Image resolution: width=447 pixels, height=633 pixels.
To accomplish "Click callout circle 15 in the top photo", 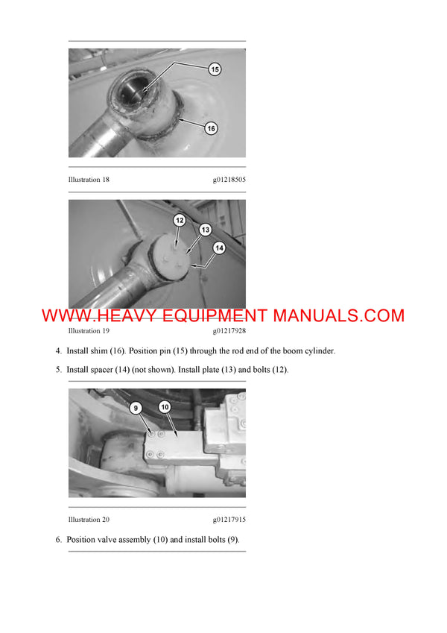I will [x=215, y=69].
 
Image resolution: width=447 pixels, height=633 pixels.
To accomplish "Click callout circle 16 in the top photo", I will [x=211, y=128].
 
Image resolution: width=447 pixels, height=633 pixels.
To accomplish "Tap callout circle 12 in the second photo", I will [x=180, y=220].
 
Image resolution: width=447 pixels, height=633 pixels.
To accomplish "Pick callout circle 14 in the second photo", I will [x=219, y=247].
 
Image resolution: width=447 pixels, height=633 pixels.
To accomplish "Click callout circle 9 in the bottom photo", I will [x=135, y=408].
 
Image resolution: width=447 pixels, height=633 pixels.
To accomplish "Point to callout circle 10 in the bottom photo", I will [x=165, y=407].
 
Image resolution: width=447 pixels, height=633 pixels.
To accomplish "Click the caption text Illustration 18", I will [x=89, y=180].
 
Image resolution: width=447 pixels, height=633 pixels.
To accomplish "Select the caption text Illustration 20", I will [x=89, y=520].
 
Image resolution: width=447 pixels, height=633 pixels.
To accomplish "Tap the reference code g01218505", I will [x=229, y=180].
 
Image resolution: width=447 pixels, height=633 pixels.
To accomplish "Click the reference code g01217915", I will [x=229, y=520].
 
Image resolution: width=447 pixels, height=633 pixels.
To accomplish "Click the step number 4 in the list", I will [x=59, y=350].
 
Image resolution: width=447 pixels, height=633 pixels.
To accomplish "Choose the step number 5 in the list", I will [x=59, y=370].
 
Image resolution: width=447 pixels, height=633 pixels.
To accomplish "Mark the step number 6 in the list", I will [x=59, y=540].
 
